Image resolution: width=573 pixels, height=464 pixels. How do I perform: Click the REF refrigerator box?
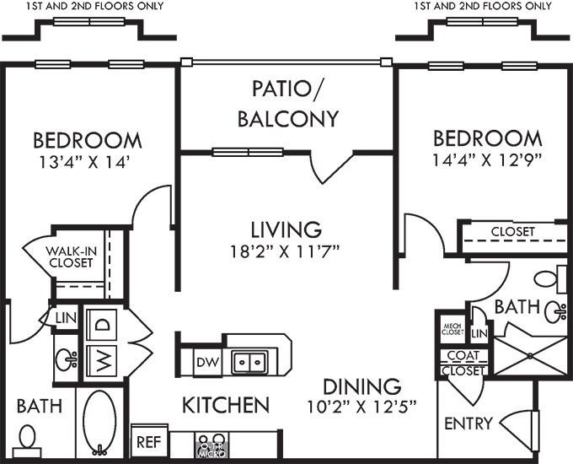coord(149,441)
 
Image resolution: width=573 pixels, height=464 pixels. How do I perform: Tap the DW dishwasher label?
coord(207,362)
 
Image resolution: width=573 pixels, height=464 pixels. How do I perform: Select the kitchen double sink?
coord(250,362)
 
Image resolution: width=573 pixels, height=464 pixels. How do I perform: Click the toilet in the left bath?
coord(27,440)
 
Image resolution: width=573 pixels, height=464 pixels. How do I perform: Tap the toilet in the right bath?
coord(550,279)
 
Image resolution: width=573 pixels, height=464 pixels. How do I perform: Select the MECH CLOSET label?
coord(453,329)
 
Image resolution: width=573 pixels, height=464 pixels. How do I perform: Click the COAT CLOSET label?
coord(463,363)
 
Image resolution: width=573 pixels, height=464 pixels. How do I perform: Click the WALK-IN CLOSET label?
coord(71,256)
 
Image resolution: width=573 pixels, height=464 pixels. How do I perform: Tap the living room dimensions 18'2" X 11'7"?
coord(285,251)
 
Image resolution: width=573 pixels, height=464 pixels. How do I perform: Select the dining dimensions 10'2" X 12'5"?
coord(361,407)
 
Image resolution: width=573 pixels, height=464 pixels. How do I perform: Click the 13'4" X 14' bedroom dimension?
coord(85,163)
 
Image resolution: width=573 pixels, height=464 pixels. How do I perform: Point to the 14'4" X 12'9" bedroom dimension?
coord(487,160)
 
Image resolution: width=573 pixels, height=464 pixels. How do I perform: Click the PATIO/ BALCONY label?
coord(288,104)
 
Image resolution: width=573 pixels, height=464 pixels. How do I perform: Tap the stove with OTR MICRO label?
coord(212,444)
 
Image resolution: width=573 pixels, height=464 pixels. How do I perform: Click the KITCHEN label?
coord(226,405)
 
